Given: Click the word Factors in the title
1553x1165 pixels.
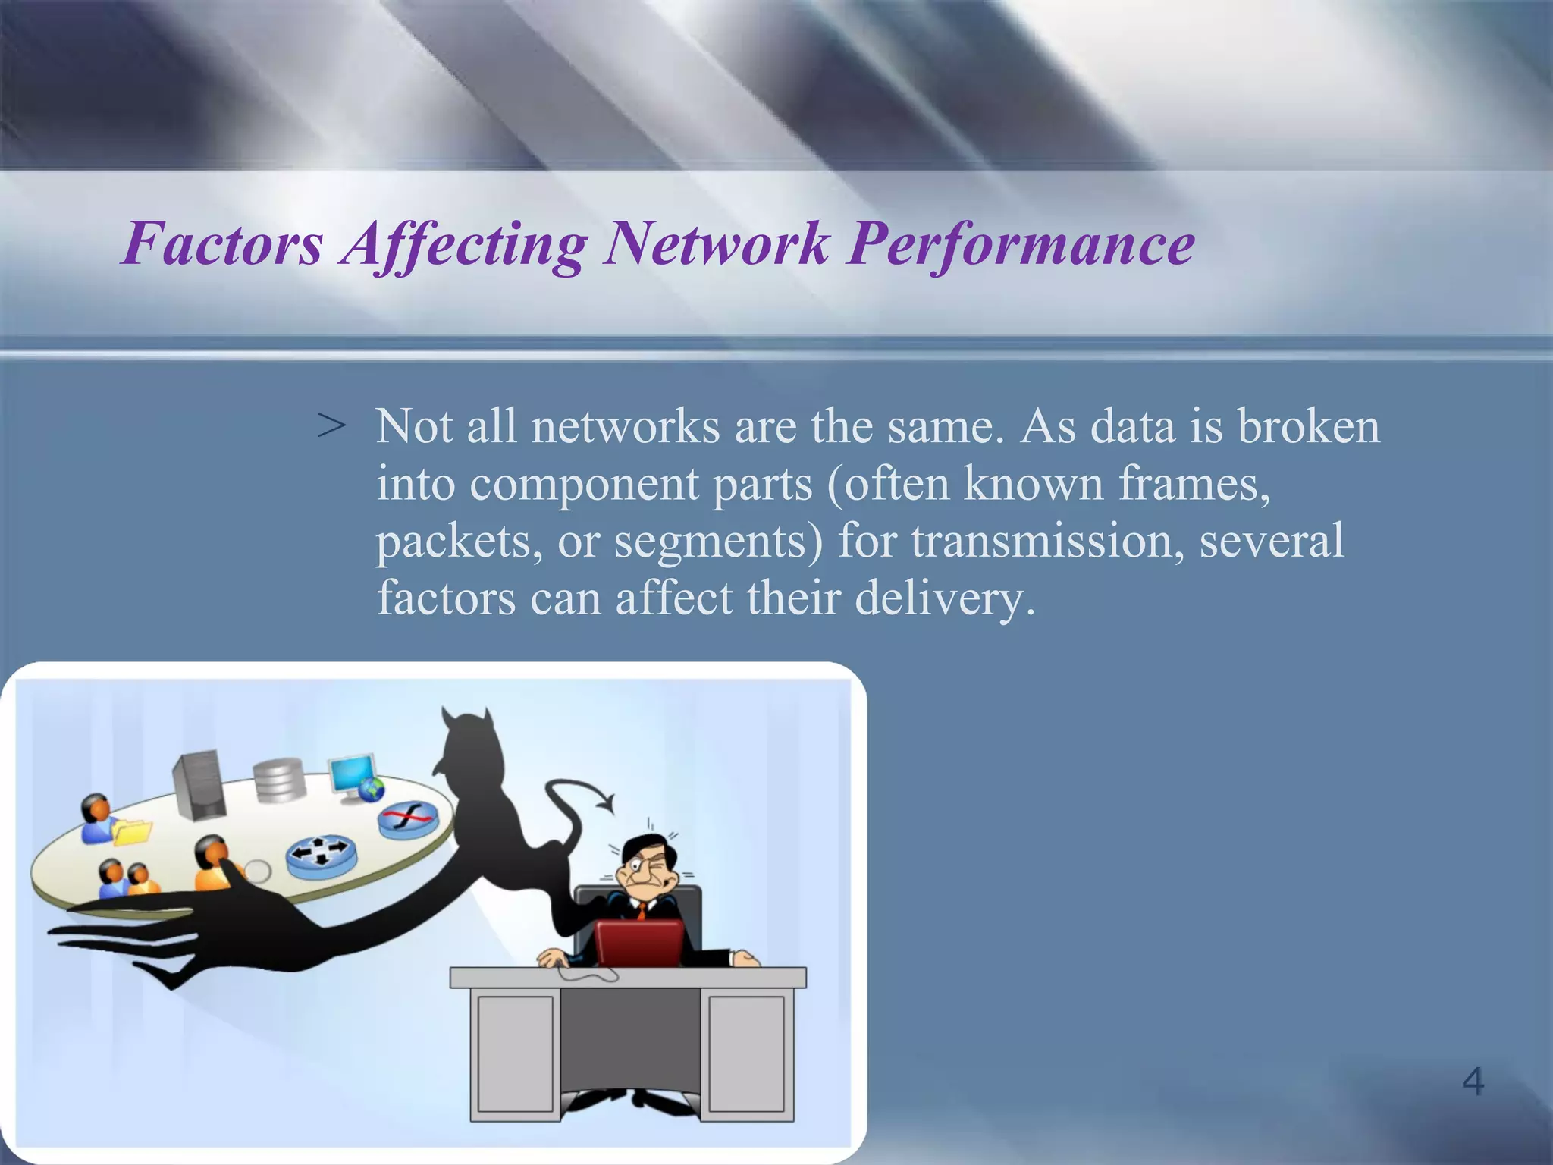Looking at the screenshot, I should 223,244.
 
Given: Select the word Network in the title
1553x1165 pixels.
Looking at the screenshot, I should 716,244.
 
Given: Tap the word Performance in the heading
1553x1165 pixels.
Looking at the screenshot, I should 1021,244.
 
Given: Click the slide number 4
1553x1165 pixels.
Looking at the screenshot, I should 1473,1081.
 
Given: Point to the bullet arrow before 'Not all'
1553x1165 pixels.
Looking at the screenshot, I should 331,426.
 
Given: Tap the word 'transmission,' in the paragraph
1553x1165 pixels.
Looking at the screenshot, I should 1048,541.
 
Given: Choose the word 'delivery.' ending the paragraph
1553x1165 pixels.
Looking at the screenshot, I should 944,598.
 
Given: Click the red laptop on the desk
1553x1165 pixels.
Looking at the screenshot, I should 638,943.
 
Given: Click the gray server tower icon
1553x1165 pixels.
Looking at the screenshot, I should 199,785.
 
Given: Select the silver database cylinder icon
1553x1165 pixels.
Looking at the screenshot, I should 279,780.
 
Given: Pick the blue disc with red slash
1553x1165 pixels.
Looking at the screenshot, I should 408,819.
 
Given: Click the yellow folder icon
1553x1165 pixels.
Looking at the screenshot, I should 131,832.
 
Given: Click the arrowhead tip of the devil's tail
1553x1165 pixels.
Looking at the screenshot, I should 607,802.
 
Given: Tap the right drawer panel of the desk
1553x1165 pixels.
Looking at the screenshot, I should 746,1054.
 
